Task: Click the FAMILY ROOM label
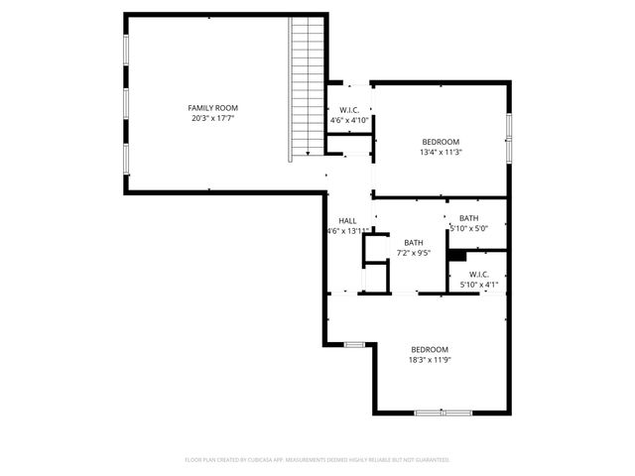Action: pos(213,107)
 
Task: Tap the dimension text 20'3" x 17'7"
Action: pos(213,118)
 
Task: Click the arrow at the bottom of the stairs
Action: pos(308,151)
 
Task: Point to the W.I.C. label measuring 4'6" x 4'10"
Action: pos(349,110)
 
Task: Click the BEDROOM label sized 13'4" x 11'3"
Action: pos(442,142)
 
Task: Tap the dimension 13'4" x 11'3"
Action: pos(442,153)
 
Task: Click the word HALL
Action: pos(347,221)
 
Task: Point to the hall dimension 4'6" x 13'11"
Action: pos(347,231)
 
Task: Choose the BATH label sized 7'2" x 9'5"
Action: pos(414,242)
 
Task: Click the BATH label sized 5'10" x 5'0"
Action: pos(468,218)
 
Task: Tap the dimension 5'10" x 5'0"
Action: pos(468,228)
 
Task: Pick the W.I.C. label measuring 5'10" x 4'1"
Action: pos(478,275)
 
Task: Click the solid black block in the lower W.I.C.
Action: pos(456,254)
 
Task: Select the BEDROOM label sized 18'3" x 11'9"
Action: pos(431,349)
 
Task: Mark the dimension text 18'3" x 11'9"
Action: pos(431,361)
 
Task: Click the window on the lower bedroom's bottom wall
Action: pos(443,412)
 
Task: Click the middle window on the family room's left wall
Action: pos(126,103)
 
